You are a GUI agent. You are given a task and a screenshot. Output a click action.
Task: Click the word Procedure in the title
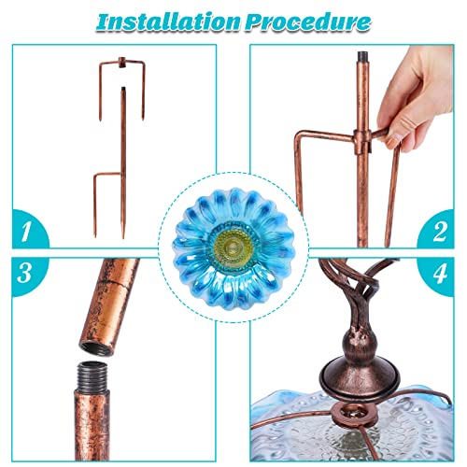[304, 21]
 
